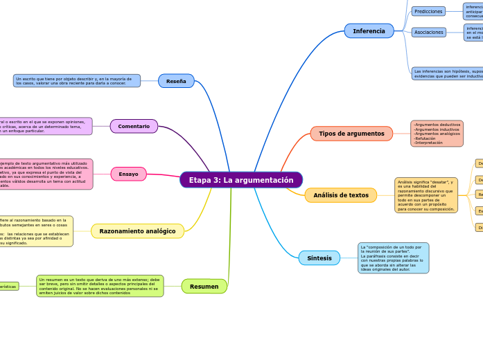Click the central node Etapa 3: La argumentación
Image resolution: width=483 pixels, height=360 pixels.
tap(241, 180)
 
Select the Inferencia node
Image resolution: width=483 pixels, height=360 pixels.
tap(369, 31)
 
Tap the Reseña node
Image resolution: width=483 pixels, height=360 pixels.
tap(176, 81)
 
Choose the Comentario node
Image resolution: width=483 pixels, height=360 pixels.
tap(134, 126)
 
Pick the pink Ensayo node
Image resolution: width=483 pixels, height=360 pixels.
tap(128, 174)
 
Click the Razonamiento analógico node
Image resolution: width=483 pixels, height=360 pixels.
tap(137, 231)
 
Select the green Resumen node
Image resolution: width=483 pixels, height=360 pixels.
tap(204, 286)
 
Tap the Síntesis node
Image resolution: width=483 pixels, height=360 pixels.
tap(319, 258)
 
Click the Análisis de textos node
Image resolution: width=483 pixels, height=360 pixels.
tap(340, 195)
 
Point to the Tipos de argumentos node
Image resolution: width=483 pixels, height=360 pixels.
tap(351, 134)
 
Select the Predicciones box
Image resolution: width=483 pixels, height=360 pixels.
tap(428, 11)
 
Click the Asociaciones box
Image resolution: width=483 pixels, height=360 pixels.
tap(428, 32)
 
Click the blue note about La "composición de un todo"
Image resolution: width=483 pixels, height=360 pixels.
tap(393, 258)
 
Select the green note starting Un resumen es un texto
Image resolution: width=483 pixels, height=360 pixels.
tap(100, 286)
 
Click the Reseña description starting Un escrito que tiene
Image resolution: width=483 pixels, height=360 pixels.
tap(76, 81)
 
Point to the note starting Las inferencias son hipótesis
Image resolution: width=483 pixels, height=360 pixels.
tap(447, 73)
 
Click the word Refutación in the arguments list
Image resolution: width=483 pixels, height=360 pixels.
tap(427, 138)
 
